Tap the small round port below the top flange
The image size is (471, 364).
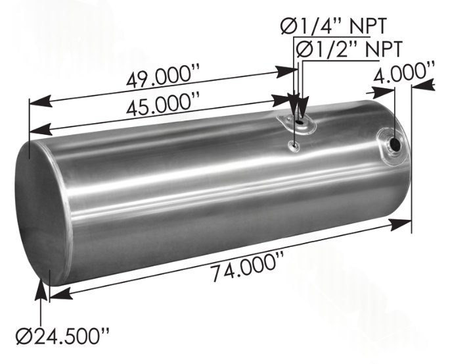pos(294,146)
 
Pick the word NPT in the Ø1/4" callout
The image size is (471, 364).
pos(364,26)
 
